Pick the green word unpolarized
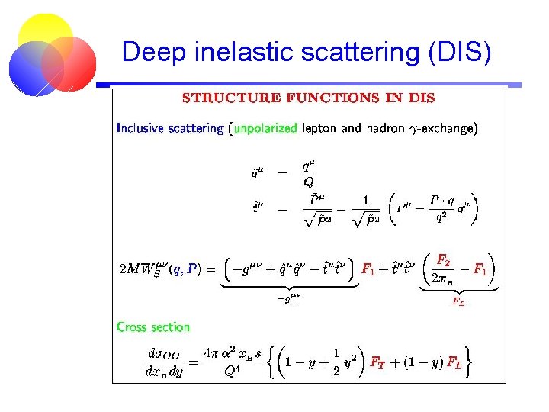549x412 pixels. [265, 128]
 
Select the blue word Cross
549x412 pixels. [132, 327]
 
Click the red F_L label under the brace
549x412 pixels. [458, 301]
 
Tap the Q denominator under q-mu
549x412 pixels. [308, 182]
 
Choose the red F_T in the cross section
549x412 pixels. [377, 362]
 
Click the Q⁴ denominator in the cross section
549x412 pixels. [233, 372]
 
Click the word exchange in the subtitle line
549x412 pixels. [451, 128]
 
